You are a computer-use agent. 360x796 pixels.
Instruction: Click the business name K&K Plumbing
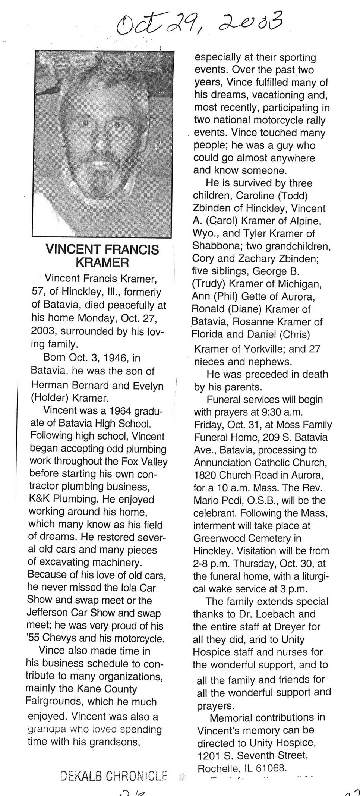[x=63, y=499]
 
